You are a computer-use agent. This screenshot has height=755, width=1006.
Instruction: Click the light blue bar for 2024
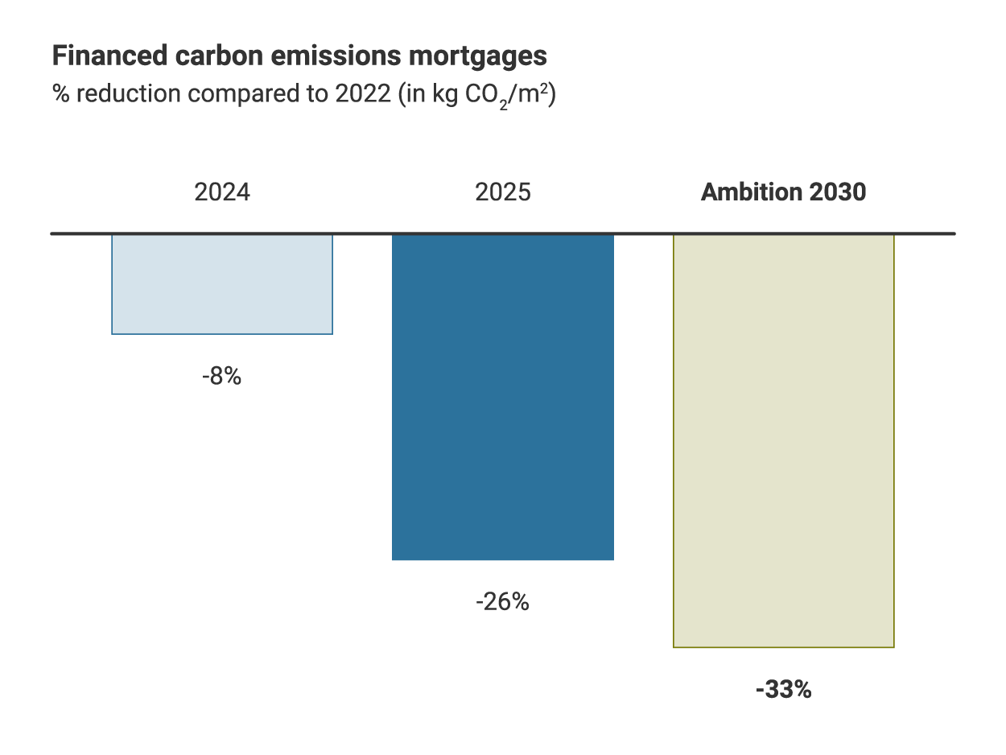[222, 283]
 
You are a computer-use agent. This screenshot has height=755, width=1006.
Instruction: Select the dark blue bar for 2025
[503, 396]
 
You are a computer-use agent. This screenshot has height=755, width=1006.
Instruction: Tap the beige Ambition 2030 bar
[783, 440]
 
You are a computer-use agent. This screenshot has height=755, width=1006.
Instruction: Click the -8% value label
[221, 376]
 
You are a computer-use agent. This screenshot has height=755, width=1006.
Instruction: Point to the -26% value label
[502, 601]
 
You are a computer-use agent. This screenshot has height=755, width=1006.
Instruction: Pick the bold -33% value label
[783, 690]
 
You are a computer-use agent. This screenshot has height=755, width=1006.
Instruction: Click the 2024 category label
[222, 193]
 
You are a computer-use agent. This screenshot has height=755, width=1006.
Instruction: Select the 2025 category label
[503, 193]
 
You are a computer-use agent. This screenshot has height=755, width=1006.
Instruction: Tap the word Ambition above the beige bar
[750, 193]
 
